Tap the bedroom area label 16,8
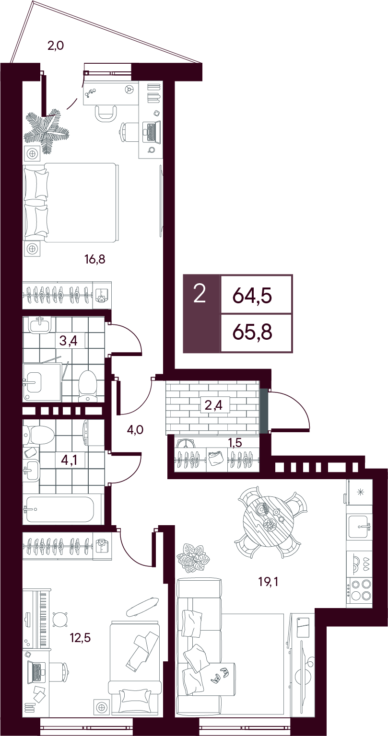94,260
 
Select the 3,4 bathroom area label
68,341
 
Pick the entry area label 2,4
213,405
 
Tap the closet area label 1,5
235,443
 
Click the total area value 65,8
253,333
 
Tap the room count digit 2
200,294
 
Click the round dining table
267,521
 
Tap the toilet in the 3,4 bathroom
88,386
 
